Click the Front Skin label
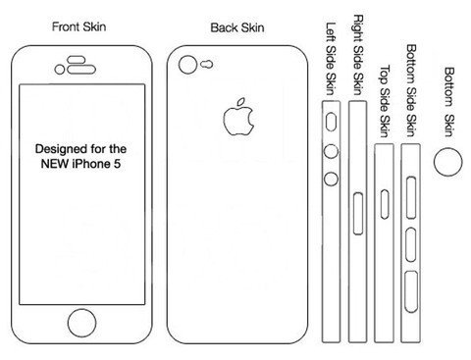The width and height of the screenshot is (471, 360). coord(78,26)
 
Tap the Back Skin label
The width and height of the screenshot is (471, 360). coord(237,27)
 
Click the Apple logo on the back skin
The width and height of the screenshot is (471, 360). coord(238,117)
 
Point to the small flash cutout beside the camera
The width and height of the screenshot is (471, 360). coord(206,65)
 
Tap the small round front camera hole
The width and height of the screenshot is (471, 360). coord(60,70)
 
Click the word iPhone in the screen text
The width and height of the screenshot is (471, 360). coord(91,164)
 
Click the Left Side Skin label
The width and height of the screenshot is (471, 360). coord(331,59)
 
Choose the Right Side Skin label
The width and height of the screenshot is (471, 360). coord(358,55)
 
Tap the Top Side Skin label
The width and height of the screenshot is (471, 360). coord(385,101)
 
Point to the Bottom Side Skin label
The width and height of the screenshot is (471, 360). coord(411,90)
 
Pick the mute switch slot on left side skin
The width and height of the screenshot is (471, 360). coord(331,122)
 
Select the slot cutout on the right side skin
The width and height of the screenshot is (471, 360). coord(358,214)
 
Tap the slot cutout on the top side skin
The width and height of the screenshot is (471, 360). coord(385,204)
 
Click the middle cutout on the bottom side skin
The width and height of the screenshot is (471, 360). coord(411,245)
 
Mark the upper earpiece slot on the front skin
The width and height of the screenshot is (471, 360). coord(77,60)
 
